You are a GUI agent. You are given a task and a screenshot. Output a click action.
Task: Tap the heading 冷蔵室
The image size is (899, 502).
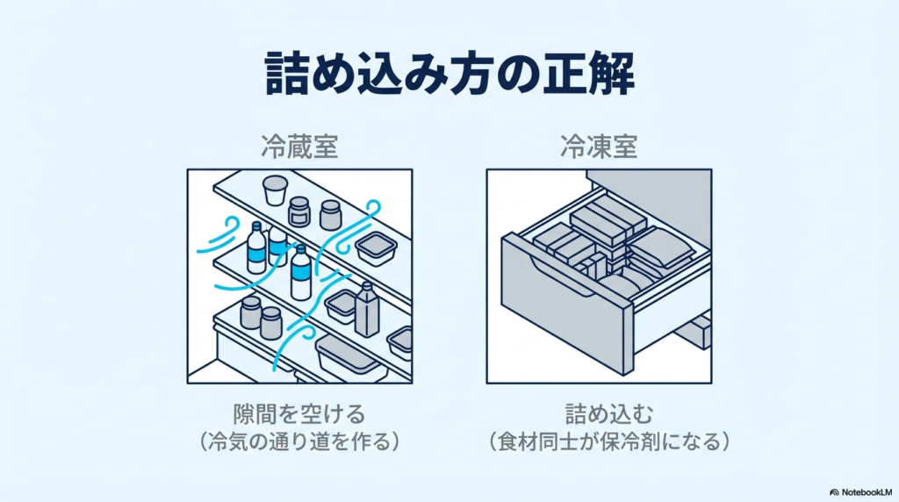299,146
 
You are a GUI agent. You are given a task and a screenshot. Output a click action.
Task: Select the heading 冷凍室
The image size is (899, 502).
600,146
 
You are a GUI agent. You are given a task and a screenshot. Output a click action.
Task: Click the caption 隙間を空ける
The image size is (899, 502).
300,412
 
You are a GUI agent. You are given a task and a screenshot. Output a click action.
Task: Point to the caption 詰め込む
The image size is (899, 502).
600,412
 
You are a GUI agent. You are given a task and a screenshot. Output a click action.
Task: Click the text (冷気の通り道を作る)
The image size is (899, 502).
300,441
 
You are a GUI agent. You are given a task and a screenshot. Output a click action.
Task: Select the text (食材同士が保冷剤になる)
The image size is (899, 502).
600,441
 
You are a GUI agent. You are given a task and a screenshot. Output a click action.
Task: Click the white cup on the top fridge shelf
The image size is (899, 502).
276,189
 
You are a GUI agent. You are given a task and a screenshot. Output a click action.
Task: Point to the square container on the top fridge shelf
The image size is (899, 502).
376,248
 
